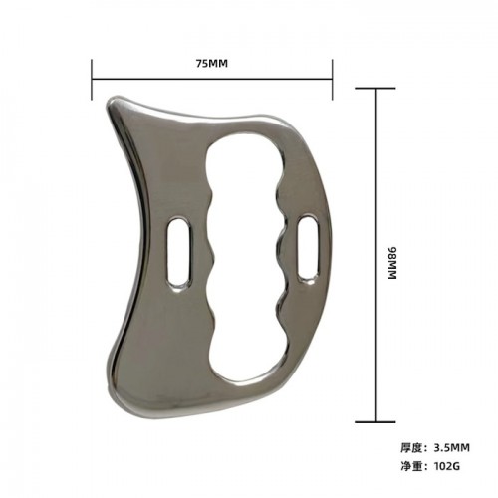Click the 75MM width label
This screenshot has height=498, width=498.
pyautogui.click(x=211, y=63)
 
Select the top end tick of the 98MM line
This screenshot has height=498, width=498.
pyautogui.click(x=377, y=89)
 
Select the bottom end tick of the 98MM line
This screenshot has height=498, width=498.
pyautogui.click(x=377, y=422)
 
